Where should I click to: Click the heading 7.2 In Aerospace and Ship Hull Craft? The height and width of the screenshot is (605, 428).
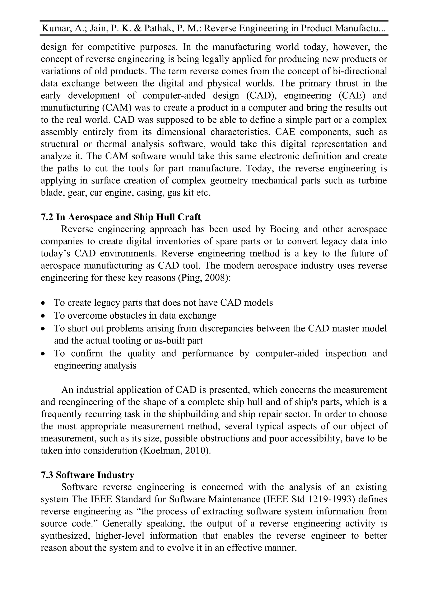tap(121, 217)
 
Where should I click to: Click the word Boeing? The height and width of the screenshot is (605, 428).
tap(285, 229)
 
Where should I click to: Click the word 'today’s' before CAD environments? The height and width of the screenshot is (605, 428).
tap(55, 253)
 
